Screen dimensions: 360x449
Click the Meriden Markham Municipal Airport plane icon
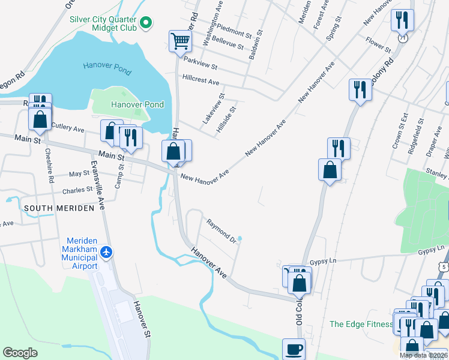[107, 251]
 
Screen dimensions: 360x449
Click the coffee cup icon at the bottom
[294, 349]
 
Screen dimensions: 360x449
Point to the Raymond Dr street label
[221, 231]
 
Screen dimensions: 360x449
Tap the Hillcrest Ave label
[201, 80]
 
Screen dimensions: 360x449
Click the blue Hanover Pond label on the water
[107, 68]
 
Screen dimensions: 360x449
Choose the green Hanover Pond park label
[137, 104]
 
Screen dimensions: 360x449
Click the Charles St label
[78, 190]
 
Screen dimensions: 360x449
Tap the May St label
[79, 173]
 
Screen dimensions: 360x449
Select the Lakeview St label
[214, 108]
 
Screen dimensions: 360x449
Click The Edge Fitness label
[360, 325]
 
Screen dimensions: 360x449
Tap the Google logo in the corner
[20, 353]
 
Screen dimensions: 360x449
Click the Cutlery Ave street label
[68, 127]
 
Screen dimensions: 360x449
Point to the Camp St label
[119, 176]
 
